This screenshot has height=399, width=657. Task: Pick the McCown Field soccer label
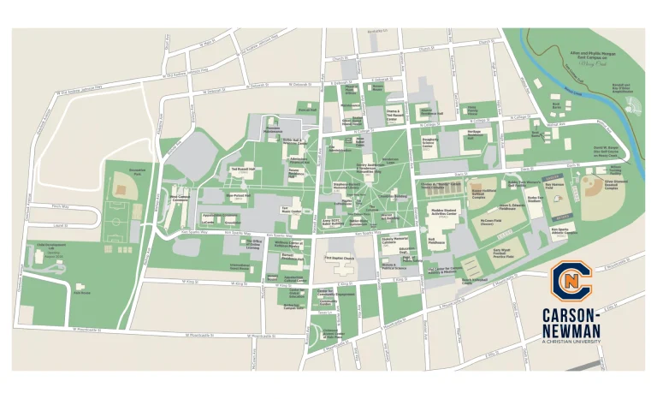point(492,220)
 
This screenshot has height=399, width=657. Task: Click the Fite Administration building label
point(273,129)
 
